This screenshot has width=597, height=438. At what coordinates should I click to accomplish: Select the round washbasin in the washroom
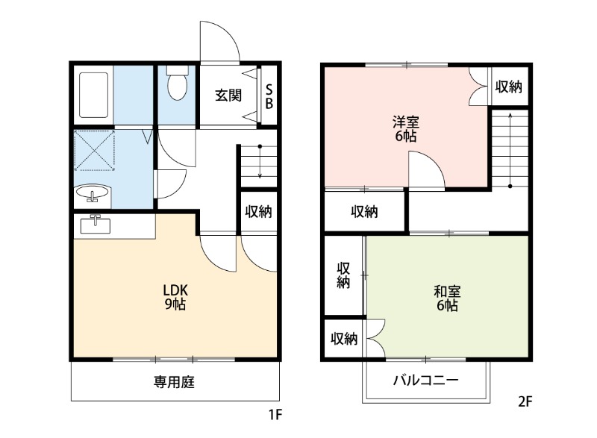(x=93, y=195)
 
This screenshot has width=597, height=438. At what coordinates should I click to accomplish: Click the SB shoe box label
(x=269, y=96)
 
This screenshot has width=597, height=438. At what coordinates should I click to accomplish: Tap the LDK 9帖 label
(x=175, y=297)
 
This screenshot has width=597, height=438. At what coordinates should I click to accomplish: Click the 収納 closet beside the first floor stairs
(x=258, y=212)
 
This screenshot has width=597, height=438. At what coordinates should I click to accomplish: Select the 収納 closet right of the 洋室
(x=509, y=87)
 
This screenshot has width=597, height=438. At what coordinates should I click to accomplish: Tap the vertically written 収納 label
(x=343, y=275)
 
